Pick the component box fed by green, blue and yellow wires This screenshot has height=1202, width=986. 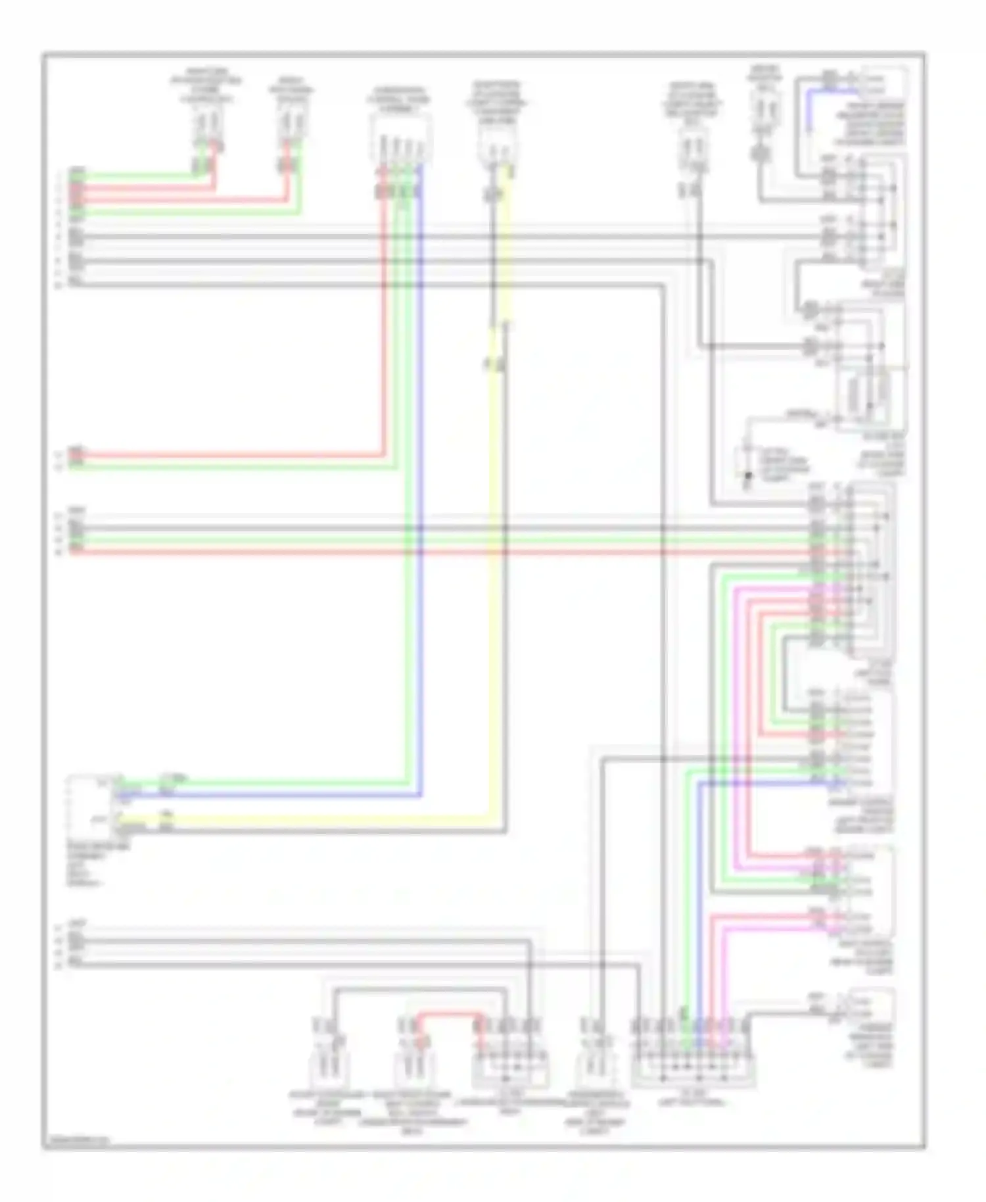pos(89,806)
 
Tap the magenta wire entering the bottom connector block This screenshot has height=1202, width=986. pos(725,986)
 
